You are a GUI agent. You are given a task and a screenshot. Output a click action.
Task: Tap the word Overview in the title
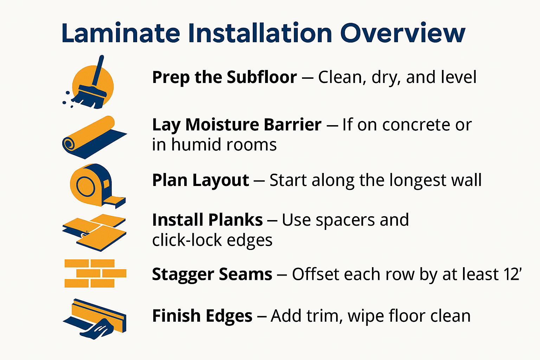point(403,33)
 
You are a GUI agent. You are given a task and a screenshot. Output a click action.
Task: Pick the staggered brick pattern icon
point(95,273)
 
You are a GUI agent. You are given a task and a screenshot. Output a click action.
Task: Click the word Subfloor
point(262,77)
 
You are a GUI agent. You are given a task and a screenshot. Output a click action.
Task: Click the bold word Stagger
point(182,274)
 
